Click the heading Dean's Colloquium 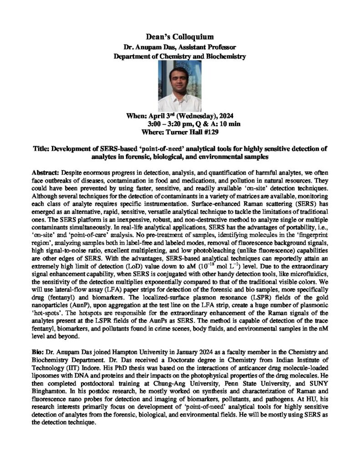tap(180, 36)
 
